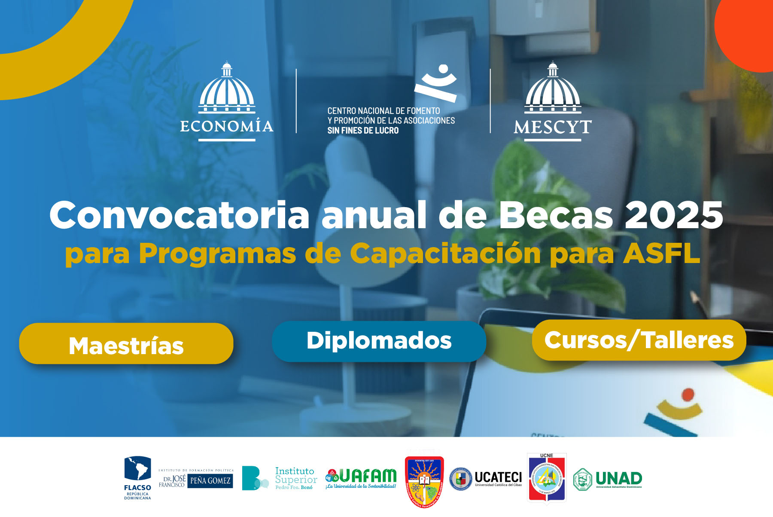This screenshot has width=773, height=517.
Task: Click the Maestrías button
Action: pyautogui.click(x=126, y=344)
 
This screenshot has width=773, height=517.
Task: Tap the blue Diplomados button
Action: pyautogui.click(x=379, y=341)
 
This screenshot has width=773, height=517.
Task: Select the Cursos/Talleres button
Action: pyautogui.click(x=639, y=340)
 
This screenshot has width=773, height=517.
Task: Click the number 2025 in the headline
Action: pyautogui.click(x=674, y=215)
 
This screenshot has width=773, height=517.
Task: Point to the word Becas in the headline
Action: pyautogui.click(x=556, y=215)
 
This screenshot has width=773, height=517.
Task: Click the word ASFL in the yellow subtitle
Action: pyautogui.click(x=661, y=253)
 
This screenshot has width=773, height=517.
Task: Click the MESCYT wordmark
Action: pyautogui.click(x=553, y=127)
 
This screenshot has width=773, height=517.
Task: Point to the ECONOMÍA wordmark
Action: pyautogui.click(x=227, y=126)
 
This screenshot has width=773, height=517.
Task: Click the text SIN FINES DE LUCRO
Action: pyautogui.click(x=363, y=131)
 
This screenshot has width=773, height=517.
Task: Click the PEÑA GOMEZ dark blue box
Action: pyautogui.click(x=210, y=480)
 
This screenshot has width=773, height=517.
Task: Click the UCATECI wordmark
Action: pyautogui.click(x=498, y=477)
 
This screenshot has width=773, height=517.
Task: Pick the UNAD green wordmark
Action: pyautogui.click(x=618, y=478)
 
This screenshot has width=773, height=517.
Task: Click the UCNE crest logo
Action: pyautogui.click(x=547, y=478)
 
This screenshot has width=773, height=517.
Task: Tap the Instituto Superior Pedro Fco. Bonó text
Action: pyautogui.click(x=296, y=478)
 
